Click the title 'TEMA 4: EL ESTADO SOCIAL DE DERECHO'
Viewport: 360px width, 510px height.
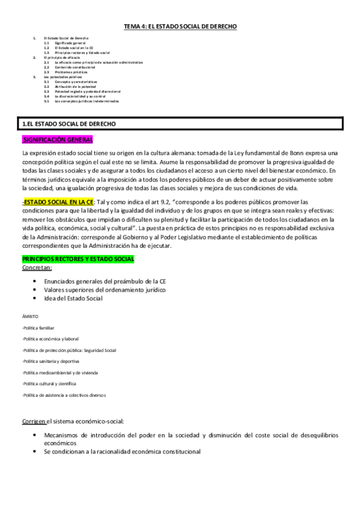click(180, 26)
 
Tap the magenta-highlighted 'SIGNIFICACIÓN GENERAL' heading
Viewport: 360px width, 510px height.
click(57, 140)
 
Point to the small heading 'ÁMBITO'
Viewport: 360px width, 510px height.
click(29, 316)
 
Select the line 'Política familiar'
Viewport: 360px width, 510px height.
click(38, 328)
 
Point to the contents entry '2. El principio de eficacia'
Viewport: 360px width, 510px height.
click(57, 57)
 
